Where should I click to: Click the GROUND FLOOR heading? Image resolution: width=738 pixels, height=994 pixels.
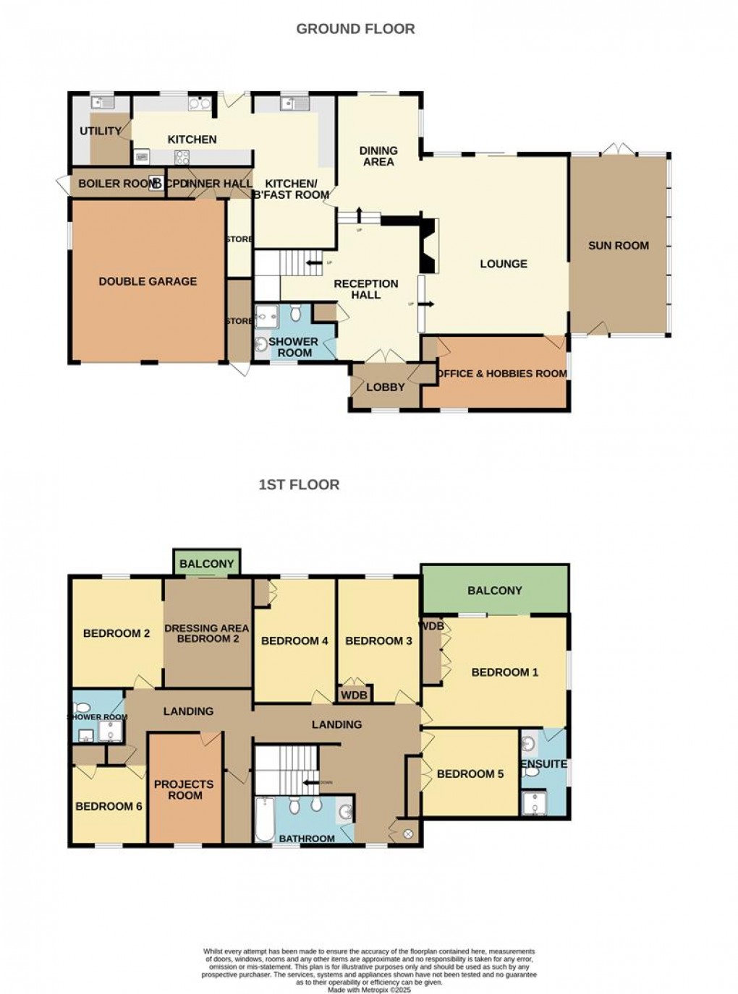coord(355,29)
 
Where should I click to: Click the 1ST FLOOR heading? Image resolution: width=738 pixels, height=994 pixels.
coord(299,484)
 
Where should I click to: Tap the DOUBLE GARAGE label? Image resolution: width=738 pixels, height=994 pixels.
coord(148,281)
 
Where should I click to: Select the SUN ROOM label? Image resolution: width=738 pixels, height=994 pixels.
coord(618,246)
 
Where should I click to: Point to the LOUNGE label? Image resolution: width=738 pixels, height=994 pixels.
coord(504,264)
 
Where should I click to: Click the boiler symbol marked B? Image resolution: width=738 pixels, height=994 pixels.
coord(156,184)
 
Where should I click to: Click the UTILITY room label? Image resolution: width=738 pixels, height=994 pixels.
coord(101,131)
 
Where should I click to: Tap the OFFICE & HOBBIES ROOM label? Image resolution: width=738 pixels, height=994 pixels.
coord(501,374)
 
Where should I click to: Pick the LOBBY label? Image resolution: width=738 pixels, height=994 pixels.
coord(385,387)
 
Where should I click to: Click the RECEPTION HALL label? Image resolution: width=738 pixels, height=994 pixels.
coord(366,289)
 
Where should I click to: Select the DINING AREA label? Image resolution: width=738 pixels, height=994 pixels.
coord(378,156)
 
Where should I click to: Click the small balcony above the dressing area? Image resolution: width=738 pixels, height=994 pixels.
coord(207,563)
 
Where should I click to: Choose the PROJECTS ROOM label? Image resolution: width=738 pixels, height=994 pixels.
coord(184,789)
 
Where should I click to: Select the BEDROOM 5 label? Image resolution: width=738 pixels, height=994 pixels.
coord(470,774)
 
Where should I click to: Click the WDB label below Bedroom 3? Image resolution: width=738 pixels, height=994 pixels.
coord(355,695)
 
